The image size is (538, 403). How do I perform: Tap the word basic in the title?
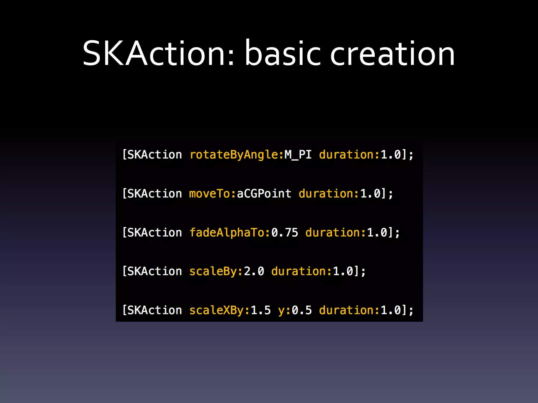point(283,54)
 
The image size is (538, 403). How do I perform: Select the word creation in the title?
point(392,54)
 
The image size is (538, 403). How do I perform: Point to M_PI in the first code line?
point(298,155)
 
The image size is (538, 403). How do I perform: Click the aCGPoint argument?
point(264,194)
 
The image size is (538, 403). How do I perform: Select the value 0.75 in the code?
point(285,233)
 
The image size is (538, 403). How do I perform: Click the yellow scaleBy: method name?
point(216,272)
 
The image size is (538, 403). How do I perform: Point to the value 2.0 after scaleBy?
point(254,272)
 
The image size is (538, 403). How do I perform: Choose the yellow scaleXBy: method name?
point(220,310)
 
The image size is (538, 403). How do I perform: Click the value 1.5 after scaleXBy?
point(261,310)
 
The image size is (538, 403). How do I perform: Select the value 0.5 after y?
point(302,310)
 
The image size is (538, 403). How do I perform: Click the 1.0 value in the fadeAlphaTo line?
point(377,233)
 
